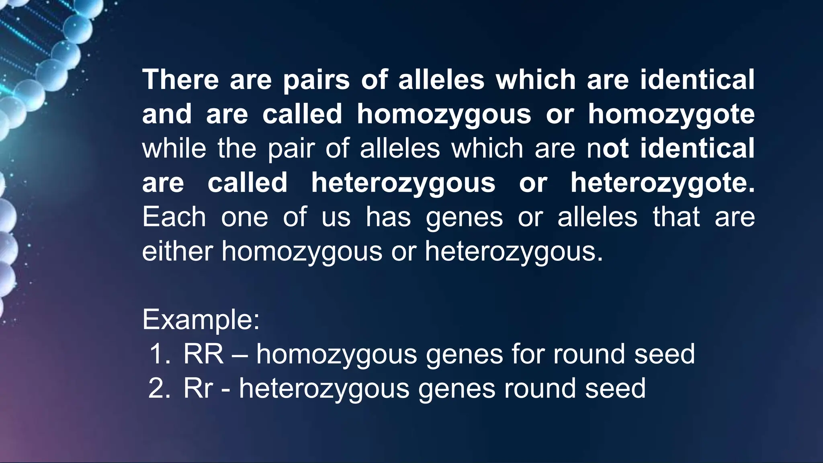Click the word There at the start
(180, 80)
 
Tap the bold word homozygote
(671, 115)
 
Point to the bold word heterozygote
(662, 183)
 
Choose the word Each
(174, 217)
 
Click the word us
(336, 218)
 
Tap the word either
(177, 251)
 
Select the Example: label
(201, 320)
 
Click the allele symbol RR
(203, 354)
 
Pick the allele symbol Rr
(198, 389)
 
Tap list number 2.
(160, 389)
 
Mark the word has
(388, 217)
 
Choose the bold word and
(167, 114)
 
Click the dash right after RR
(240, 355)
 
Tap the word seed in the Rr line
(615, 389)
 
